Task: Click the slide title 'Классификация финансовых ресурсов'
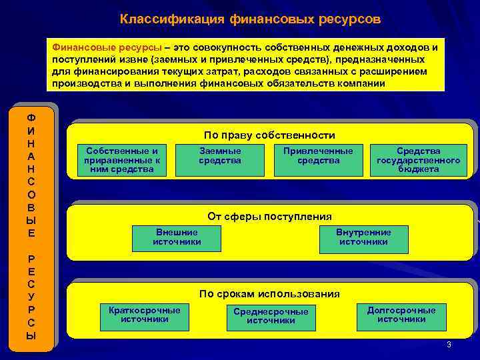[250, 19]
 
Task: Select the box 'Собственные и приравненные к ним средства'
[122, 160]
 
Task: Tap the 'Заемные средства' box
[220, 156]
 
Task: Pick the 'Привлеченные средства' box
[318, 156]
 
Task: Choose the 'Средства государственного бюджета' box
[418, 160]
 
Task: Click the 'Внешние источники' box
[177, 237]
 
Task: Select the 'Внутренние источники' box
[363, 237]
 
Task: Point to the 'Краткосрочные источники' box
[144, 315]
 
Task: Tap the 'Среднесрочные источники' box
[271, 316]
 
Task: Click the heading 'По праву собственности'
[269, 135]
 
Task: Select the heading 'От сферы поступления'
[269, 217]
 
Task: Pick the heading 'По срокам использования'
[269, 294]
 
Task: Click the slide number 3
[449, 345]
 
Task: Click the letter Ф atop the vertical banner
[31, 117]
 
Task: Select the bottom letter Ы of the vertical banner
[31, 336]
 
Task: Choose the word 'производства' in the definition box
[83, 83]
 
